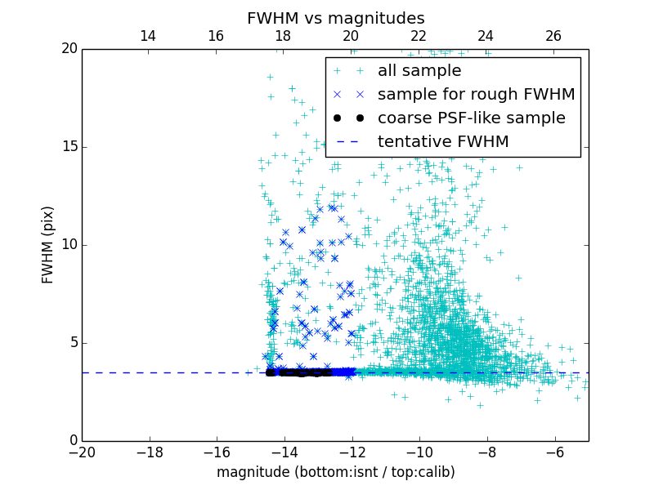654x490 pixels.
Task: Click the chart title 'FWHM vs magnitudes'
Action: pyautogui.click(x=336, y=18)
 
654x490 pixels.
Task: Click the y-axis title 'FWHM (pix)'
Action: pyautogui.click(x=48, y=244)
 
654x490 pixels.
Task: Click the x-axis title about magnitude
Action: pyautogui.click(x=335, y=472)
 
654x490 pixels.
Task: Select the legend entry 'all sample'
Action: pyautogui.click(x=419, y=71)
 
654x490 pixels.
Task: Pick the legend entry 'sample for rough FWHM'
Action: pyautogui.click(x=476, y=95)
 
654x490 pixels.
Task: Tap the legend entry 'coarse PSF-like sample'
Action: pyautogui.click(x=471, y=118)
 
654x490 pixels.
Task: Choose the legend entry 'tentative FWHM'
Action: pyautogui.click(x=443, y=142)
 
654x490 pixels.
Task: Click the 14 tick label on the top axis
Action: pyautogui.click(x=148, y=36)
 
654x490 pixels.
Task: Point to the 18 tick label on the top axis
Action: pyautogui.click(x=283, y=36)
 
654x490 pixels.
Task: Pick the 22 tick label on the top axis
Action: pyautogui.click(x=419, y=36)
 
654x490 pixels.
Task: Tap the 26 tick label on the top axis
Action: pyautogui.click(x=553, y=36)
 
